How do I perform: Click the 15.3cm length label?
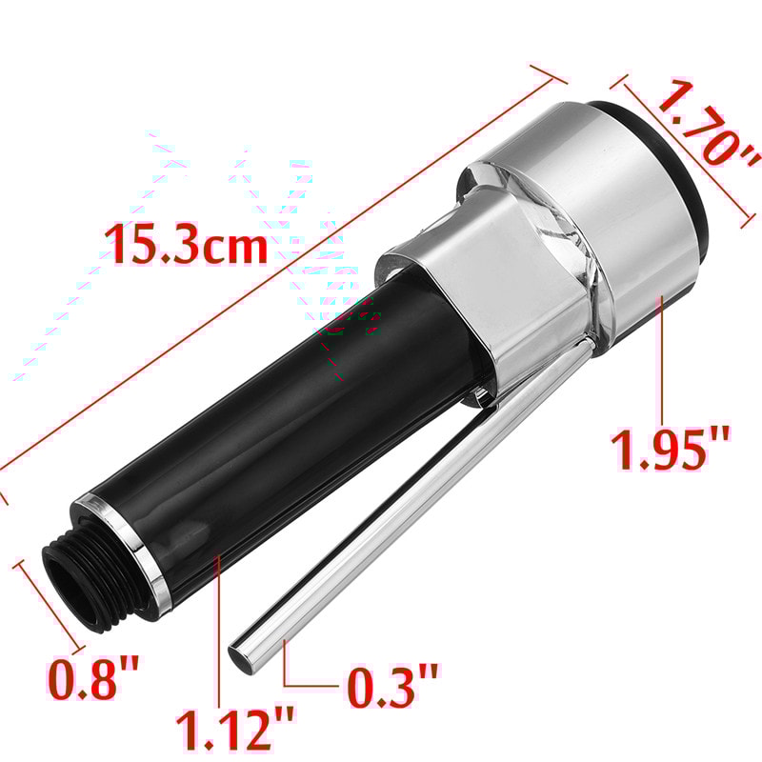[x=187, y=245]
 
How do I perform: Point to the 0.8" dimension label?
[x=94, y=678]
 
